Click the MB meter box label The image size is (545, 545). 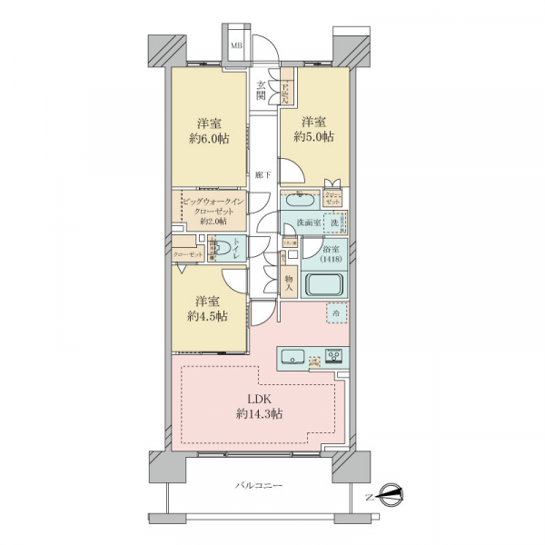coord(235,45)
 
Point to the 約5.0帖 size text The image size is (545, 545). coord(313,137)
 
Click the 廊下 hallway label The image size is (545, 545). coord(263,173)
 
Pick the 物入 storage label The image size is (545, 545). coord(288,282)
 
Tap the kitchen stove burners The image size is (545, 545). coord(333,354)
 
